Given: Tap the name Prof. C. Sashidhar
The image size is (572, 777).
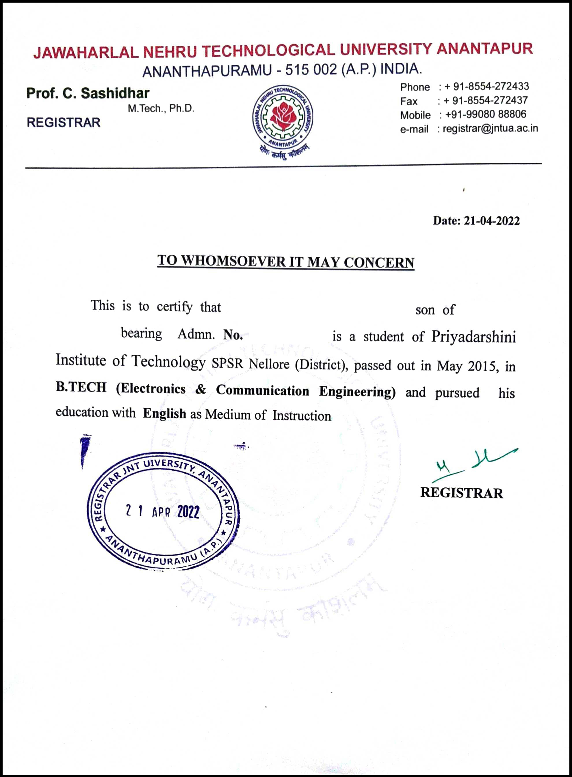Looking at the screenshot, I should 88,93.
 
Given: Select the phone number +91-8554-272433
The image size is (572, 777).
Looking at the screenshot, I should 486,86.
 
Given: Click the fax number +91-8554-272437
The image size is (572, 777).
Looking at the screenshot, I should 485,101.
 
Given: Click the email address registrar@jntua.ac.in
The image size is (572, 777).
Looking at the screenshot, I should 490,129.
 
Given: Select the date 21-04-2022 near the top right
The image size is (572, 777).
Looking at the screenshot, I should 491,221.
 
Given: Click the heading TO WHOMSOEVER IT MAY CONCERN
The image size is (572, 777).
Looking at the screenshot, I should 286,262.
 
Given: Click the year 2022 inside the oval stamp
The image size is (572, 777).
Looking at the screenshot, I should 188,511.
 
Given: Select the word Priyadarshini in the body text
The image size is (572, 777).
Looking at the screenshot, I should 473,337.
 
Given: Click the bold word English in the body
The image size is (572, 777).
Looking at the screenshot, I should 164,413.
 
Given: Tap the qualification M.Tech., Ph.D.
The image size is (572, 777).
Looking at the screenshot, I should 161,109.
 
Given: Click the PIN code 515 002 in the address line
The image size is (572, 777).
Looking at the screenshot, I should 311,70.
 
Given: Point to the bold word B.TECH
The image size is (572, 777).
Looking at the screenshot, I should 81,387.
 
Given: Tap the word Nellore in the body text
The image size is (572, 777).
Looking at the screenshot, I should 269,364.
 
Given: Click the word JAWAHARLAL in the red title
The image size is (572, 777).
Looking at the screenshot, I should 86,53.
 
